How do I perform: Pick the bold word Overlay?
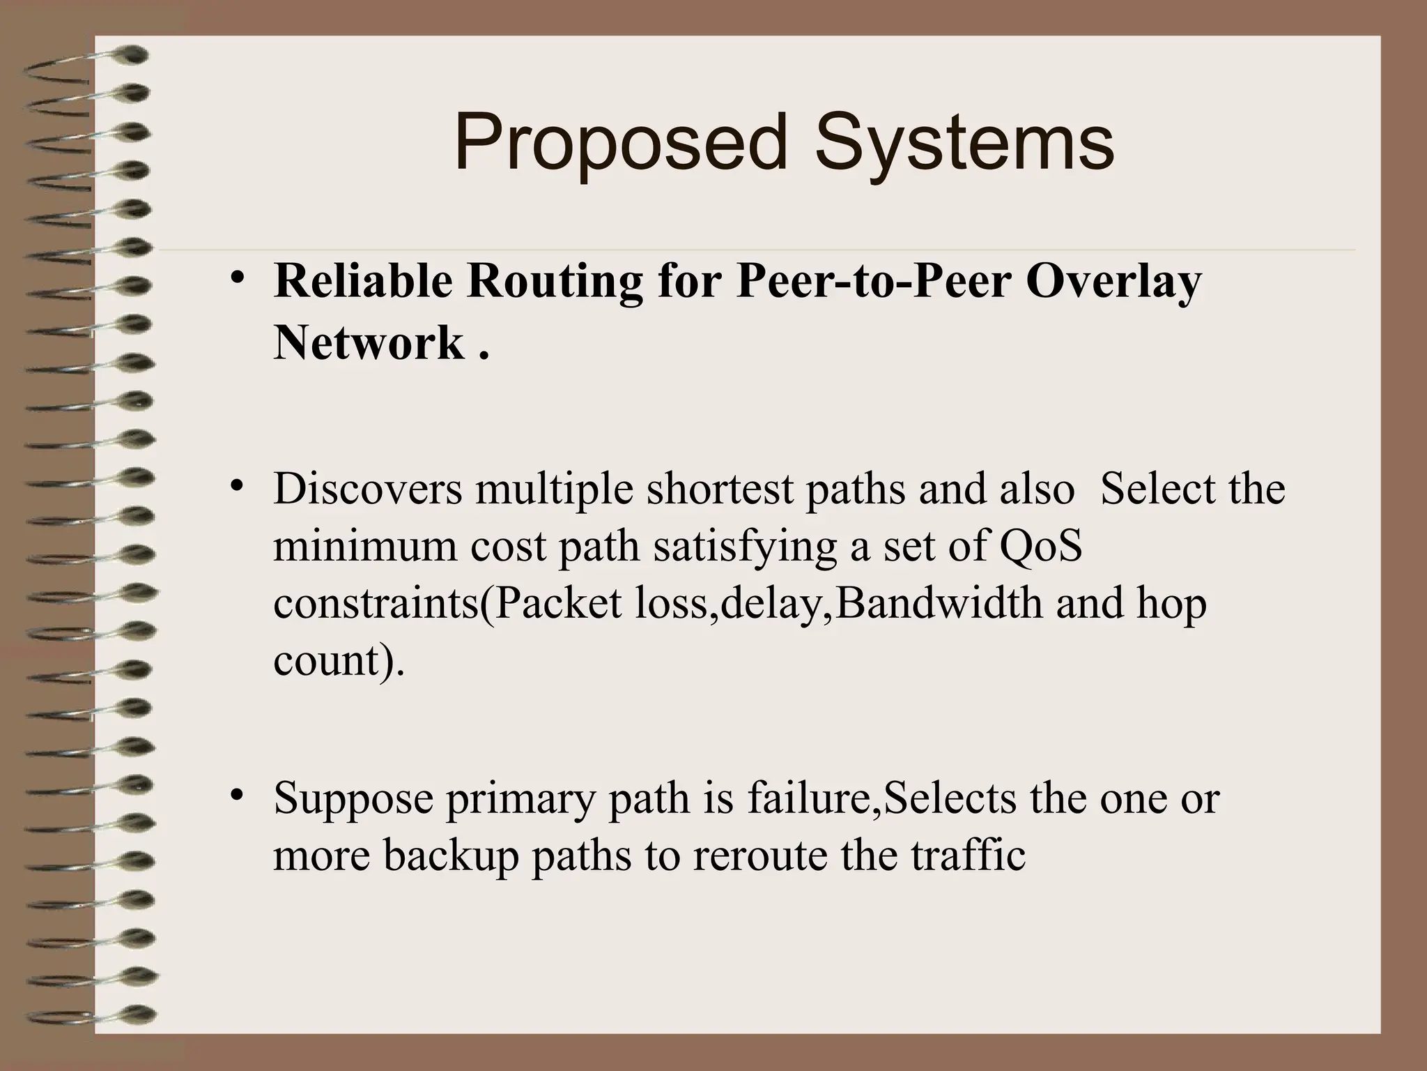(1114, 282)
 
